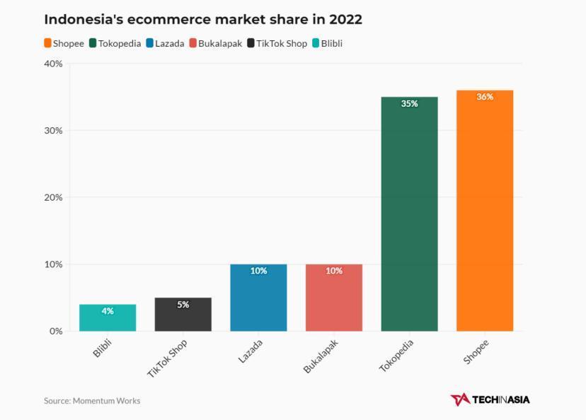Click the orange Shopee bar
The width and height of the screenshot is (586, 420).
tap(485, 212)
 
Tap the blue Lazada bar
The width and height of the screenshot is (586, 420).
tap(258, 301)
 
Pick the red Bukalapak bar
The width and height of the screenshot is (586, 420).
tap(334, 301)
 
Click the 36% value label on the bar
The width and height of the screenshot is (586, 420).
tap(485, 97)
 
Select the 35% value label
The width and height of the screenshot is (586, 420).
tap(409, 103)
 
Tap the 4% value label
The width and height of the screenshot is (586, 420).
tap(108, 311)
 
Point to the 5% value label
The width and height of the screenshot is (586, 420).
tap(183, 305)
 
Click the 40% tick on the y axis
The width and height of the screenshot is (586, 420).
tap(53, 64)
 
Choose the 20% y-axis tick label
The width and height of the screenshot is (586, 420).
tap(53, 197)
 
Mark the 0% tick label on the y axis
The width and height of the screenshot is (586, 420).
tap(56, 331)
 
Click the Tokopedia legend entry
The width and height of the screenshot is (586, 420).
tap(115, 43)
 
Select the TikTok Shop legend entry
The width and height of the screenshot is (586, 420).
tap(277, 43)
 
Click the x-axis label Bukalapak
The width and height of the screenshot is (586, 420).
tap(321, 356)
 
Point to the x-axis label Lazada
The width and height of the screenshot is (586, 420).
tap(251, 351)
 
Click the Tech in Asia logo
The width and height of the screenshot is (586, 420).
tap(490, 399)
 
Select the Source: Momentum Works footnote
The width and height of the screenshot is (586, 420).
tap(92, 400)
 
